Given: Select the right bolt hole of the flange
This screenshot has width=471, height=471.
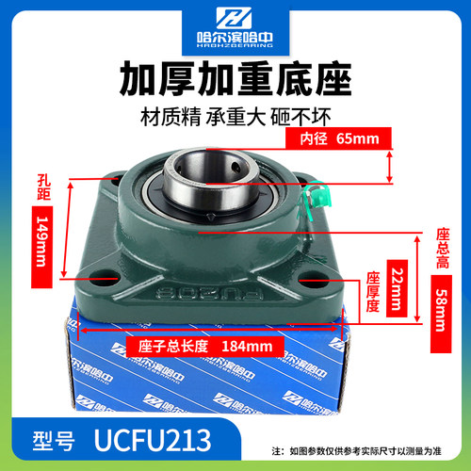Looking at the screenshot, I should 309,279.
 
